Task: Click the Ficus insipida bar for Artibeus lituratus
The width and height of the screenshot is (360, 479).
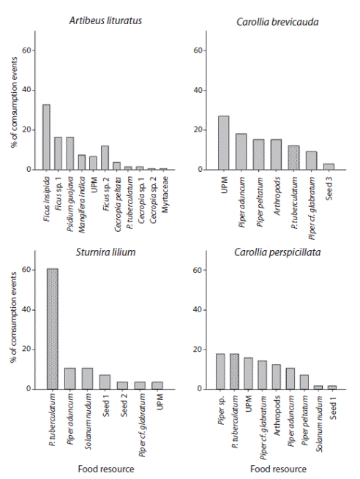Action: point(46,137)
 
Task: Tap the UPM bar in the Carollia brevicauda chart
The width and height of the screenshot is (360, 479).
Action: point(224,143)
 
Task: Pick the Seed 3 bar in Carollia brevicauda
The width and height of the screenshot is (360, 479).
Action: point(329,166)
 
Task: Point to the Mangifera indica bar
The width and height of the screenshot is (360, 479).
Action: point(81,162)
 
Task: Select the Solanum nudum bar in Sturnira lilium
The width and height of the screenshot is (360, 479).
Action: point(88,378)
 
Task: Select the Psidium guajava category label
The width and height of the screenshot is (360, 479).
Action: point(70,192)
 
